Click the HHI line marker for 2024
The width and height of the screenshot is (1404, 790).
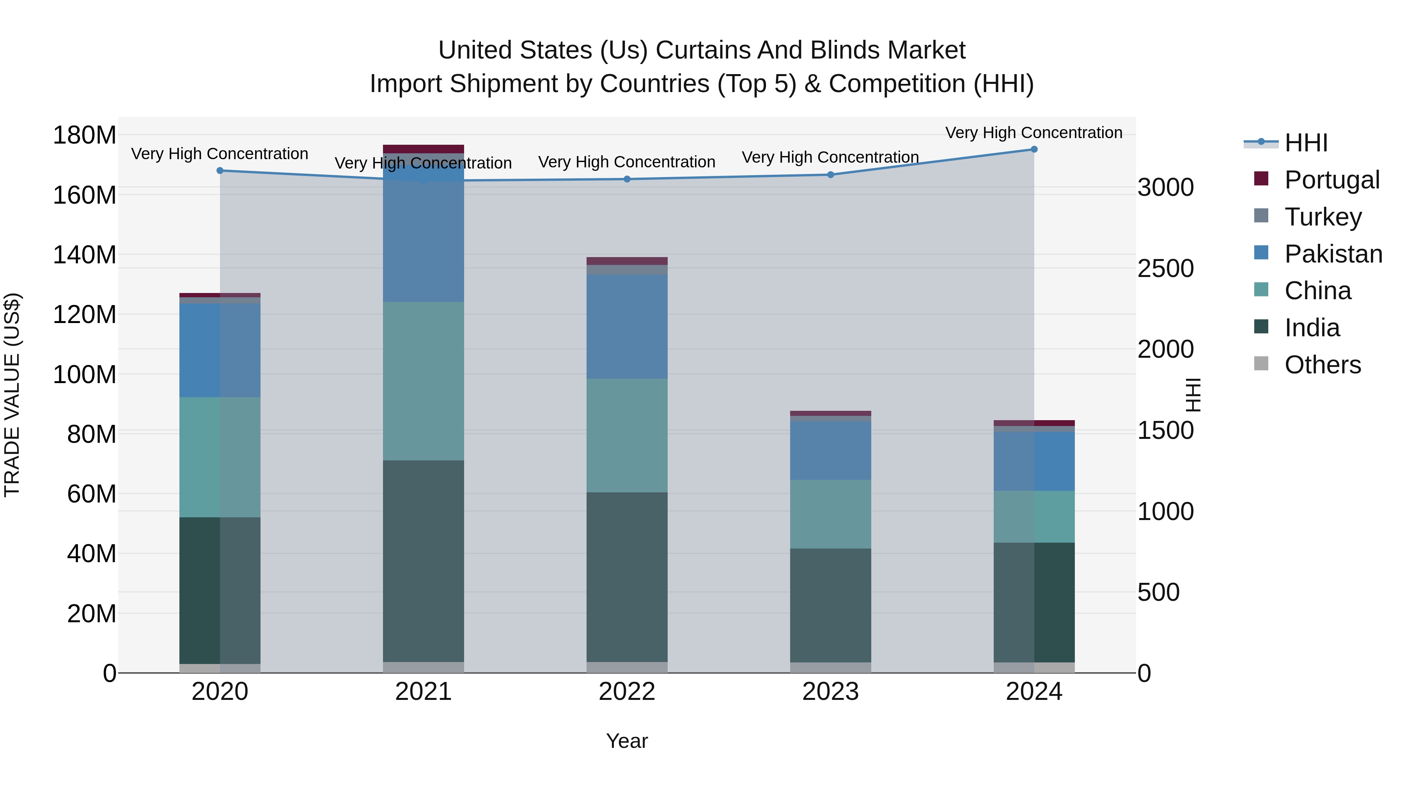[1034, 149]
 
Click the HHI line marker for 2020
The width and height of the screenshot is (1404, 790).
[220, 170]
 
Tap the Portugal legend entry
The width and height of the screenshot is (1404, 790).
[1331, 179]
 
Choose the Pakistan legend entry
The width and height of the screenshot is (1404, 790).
[1333, 254]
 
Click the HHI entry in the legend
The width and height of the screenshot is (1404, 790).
[1306, 143]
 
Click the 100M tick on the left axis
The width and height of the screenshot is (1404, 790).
[85, 375]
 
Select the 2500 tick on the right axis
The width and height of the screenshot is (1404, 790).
[1166, 268]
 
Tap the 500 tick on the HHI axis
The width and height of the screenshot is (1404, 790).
[1159, 592]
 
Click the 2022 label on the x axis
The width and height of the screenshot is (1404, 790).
[627, 692]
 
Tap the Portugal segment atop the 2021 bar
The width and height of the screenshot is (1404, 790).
[424, 149]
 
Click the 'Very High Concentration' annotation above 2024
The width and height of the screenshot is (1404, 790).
[1033, 133]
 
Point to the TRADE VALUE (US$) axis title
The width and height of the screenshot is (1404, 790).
[12, 395]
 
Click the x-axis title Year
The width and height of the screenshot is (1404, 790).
[627, 741]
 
